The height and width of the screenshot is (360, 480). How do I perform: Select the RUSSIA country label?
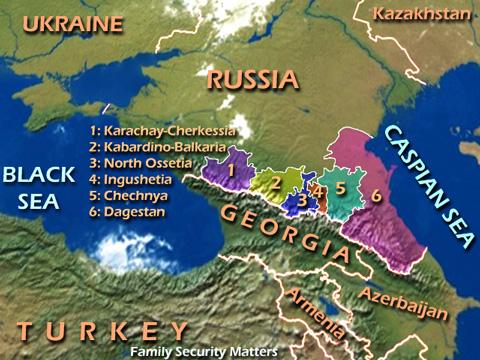[252, 80]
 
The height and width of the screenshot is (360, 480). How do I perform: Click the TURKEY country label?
[102, 331]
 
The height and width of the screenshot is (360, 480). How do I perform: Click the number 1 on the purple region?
[230, 168]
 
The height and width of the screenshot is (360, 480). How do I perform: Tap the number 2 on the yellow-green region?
[276, 184]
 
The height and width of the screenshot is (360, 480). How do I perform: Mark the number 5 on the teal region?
[340, 187]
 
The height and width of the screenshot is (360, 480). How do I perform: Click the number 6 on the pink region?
[376, 194]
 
